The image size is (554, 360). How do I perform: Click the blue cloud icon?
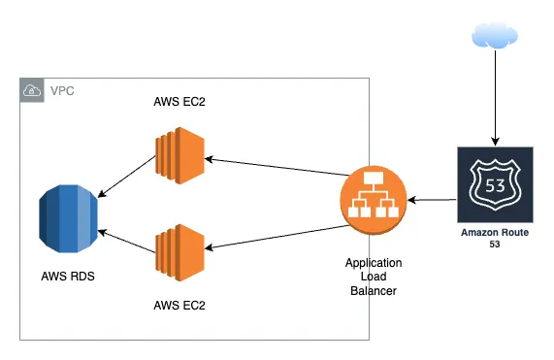click(x=494, y=36)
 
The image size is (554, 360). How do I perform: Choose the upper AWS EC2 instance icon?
click(x=179, y=155)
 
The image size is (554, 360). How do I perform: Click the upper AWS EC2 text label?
click(x=179, y=102)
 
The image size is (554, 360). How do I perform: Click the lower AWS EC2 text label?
click(x=179, y=306)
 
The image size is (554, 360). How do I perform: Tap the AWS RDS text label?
click(x=68, y=277)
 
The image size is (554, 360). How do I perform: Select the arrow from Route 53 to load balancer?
click(x=432, y=201)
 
